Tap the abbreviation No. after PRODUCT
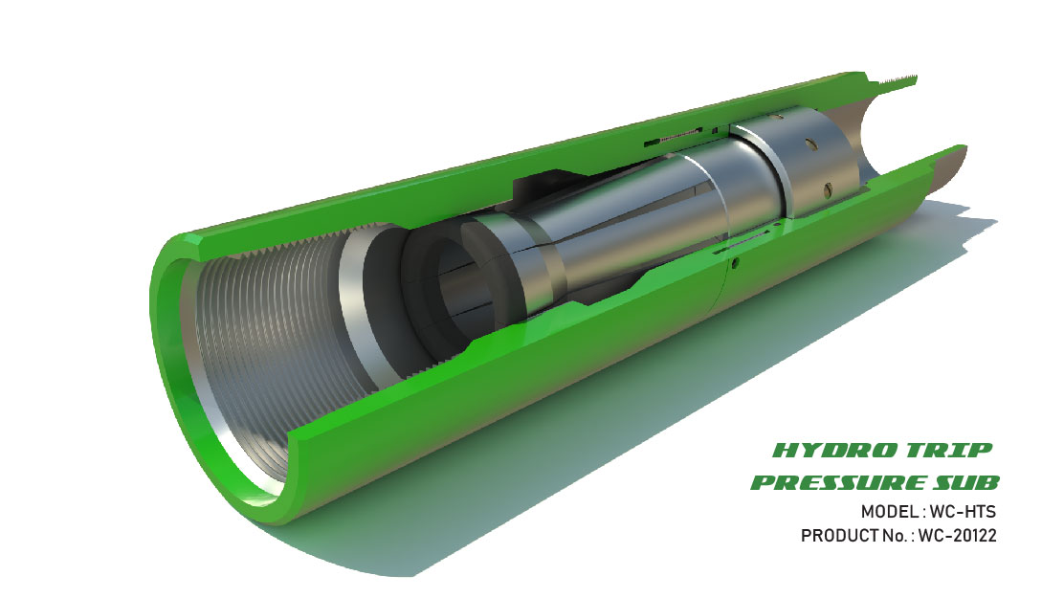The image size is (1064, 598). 896,537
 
